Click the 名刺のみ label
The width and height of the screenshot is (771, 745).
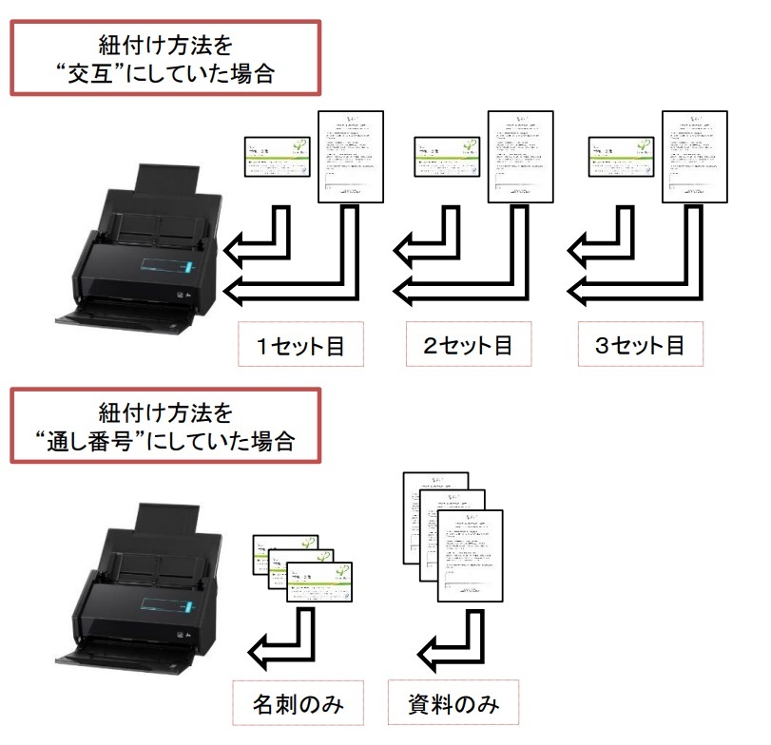tap(297, 705)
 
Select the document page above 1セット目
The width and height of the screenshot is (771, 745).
tap(351, 156)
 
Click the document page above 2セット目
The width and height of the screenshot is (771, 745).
tap(521, 156)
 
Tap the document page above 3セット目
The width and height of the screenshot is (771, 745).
tap(695, 156)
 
